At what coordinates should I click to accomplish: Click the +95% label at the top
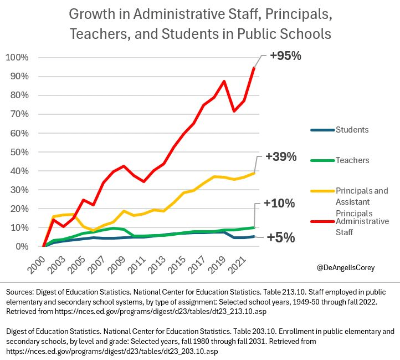tap(285, 56)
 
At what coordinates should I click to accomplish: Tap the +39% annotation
tap(281, 157)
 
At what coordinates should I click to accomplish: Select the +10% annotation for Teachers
tap(279, 204)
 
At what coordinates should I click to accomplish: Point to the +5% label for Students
tap(281, 238)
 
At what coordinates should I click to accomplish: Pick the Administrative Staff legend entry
tap(362, 226)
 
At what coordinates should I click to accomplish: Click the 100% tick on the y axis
tap(18, 58)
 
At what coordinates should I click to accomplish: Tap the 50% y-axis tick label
tap(20, 152)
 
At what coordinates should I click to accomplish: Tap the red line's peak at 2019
tap(224, 82)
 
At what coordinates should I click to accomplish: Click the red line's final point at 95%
tap(254, 68)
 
